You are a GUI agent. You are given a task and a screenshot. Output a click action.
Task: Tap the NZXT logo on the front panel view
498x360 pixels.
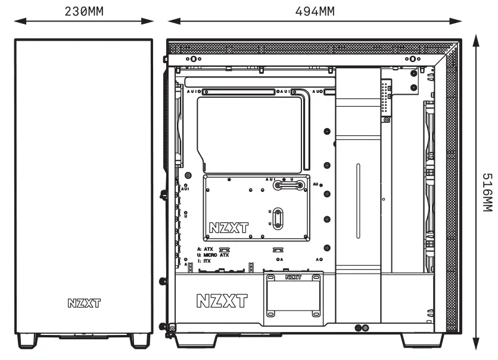[83, 303]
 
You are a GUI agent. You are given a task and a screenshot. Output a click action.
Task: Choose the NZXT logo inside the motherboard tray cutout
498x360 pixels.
[229, 228]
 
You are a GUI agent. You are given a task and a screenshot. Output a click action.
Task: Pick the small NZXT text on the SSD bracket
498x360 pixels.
[293, 277]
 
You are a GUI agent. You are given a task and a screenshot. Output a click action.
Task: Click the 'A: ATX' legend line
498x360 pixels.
[206, 249]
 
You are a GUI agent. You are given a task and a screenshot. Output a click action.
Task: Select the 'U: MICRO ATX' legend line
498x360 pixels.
[212, 255]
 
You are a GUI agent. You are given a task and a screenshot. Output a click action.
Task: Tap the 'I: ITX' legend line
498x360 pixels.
[203, 260]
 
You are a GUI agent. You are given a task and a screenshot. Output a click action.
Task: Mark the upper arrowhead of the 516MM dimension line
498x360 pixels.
[476, 39]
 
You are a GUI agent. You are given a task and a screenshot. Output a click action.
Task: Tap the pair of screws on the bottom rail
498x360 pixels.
[362, 328]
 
